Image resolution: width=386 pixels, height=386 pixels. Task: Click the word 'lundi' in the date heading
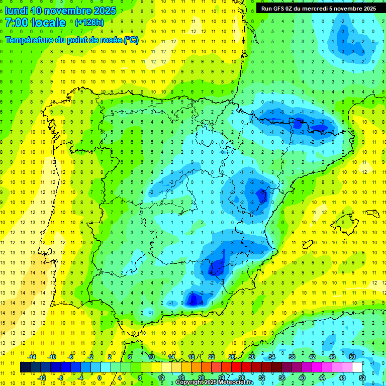click(x=16, y=11)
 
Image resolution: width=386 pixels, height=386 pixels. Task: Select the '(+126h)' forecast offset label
click(x=89, y=23)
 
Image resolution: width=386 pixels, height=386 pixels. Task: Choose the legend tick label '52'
click(x=362, y=377)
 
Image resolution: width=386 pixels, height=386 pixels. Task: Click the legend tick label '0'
click(x=100, y=377)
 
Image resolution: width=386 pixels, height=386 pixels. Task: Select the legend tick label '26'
click(x=231, y=357)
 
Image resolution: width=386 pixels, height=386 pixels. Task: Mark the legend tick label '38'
click(x=292, y=357)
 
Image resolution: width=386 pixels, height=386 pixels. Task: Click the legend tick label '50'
click(x=352, y=357)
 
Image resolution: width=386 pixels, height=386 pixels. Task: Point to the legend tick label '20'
click(x=201, y=377)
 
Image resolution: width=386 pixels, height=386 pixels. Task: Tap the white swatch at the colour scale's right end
click(x=357, y=367)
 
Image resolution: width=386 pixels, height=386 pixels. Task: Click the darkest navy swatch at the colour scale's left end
click(x=25, y=367)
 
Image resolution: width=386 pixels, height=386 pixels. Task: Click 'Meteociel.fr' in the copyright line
click(x=236, y=382)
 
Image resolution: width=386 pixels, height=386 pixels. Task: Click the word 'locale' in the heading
click(x=48, y=23)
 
